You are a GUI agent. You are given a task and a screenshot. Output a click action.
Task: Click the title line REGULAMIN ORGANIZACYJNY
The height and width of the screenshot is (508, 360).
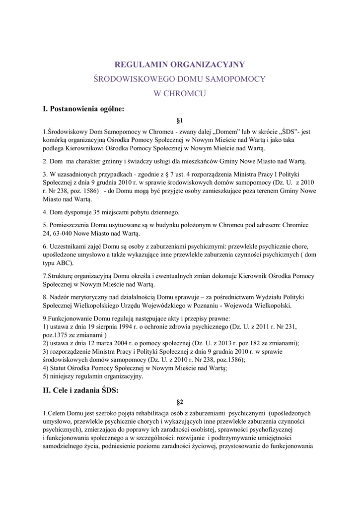(x=180, y=64)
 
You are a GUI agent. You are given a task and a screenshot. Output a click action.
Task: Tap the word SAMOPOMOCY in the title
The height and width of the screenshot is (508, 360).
(x=235, y=79)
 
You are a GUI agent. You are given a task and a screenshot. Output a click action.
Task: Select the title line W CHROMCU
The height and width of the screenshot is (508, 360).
(x=180, y=93)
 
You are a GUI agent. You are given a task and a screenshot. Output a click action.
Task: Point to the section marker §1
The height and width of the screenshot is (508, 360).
(x=180, y=120)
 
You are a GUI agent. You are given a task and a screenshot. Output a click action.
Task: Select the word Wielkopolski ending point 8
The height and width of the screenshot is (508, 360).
(x=270, y=306)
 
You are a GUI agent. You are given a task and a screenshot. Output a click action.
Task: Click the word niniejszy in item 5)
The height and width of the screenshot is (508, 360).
(x=63, y=376)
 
